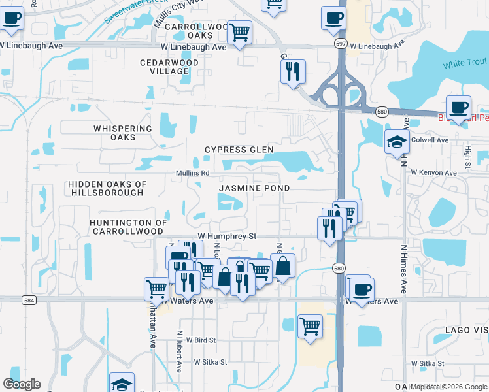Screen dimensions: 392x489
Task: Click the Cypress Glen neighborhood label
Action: pyautogui.click(x=239, y=150)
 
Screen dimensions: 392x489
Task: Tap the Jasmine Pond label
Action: pyautogui.click(x=254, y=188)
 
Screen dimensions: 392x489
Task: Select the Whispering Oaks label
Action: pyautogui.click(x=123, y=133)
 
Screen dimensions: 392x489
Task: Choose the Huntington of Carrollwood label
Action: pyautogui.click(x=126, y=227)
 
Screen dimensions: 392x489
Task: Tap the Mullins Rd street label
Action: pyautogui.click(x=192, y=173)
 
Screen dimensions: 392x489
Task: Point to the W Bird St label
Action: pyautogui.click(x=201, y=340)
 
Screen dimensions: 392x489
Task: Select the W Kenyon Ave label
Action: pyautogui.click(x=433, y=172)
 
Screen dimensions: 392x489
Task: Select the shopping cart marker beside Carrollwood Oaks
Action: pyautogui.click(x=240, y=31)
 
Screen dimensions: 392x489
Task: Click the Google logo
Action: pyautogui.click(x=22, y=384)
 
